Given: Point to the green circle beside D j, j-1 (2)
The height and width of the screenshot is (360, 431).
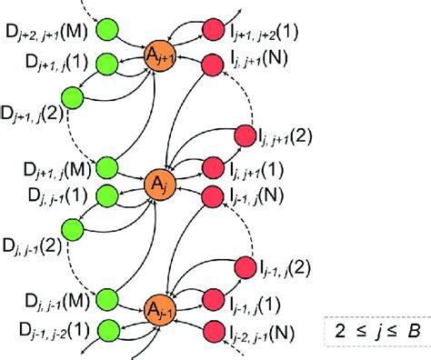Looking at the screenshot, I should [70, 224].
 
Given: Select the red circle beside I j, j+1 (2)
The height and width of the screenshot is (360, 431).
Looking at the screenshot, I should [246, 136].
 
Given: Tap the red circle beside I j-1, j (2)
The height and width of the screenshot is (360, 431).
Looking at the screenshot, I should [246, 267].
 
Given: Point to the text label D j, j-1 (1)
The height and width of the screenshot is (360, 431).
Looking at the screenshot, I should [45, 195].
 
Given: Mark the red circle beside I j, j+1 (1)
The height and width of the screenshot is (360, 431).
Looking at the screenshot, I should [213, 166].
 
